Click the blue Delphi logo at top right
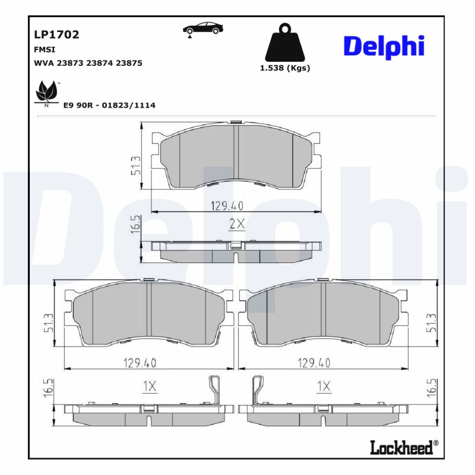[x=384, y=46]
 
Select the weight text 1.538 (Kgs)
[x=285, y=68]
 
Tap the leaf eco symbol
[x=46, y=93]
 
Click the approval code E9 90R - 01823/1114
[x=109, y=105]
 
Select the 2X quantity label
[x=237, y=224]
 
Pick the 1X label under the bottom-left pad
[x=149, y=387]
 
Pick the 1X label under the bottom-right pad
[x=323, y=387]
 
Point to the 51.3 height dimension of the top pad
[x=136, y=166]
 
